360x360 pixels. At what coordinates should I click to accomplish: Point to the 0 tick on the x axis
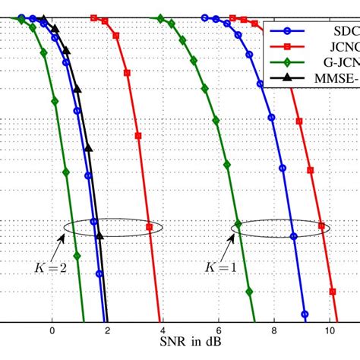[x=52, y=331]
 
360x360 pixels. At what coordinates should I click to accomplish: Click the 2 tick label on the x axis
[x=107, y=331]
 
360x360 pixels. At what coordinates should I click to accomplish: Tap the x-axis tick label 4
[x=163, y=331]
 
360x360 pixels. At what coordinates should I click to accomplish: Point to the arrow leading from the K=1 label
[x=226, y=247]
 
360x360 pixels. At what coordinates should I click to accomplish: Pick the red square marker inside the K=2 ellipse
[x=149, y=226]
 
